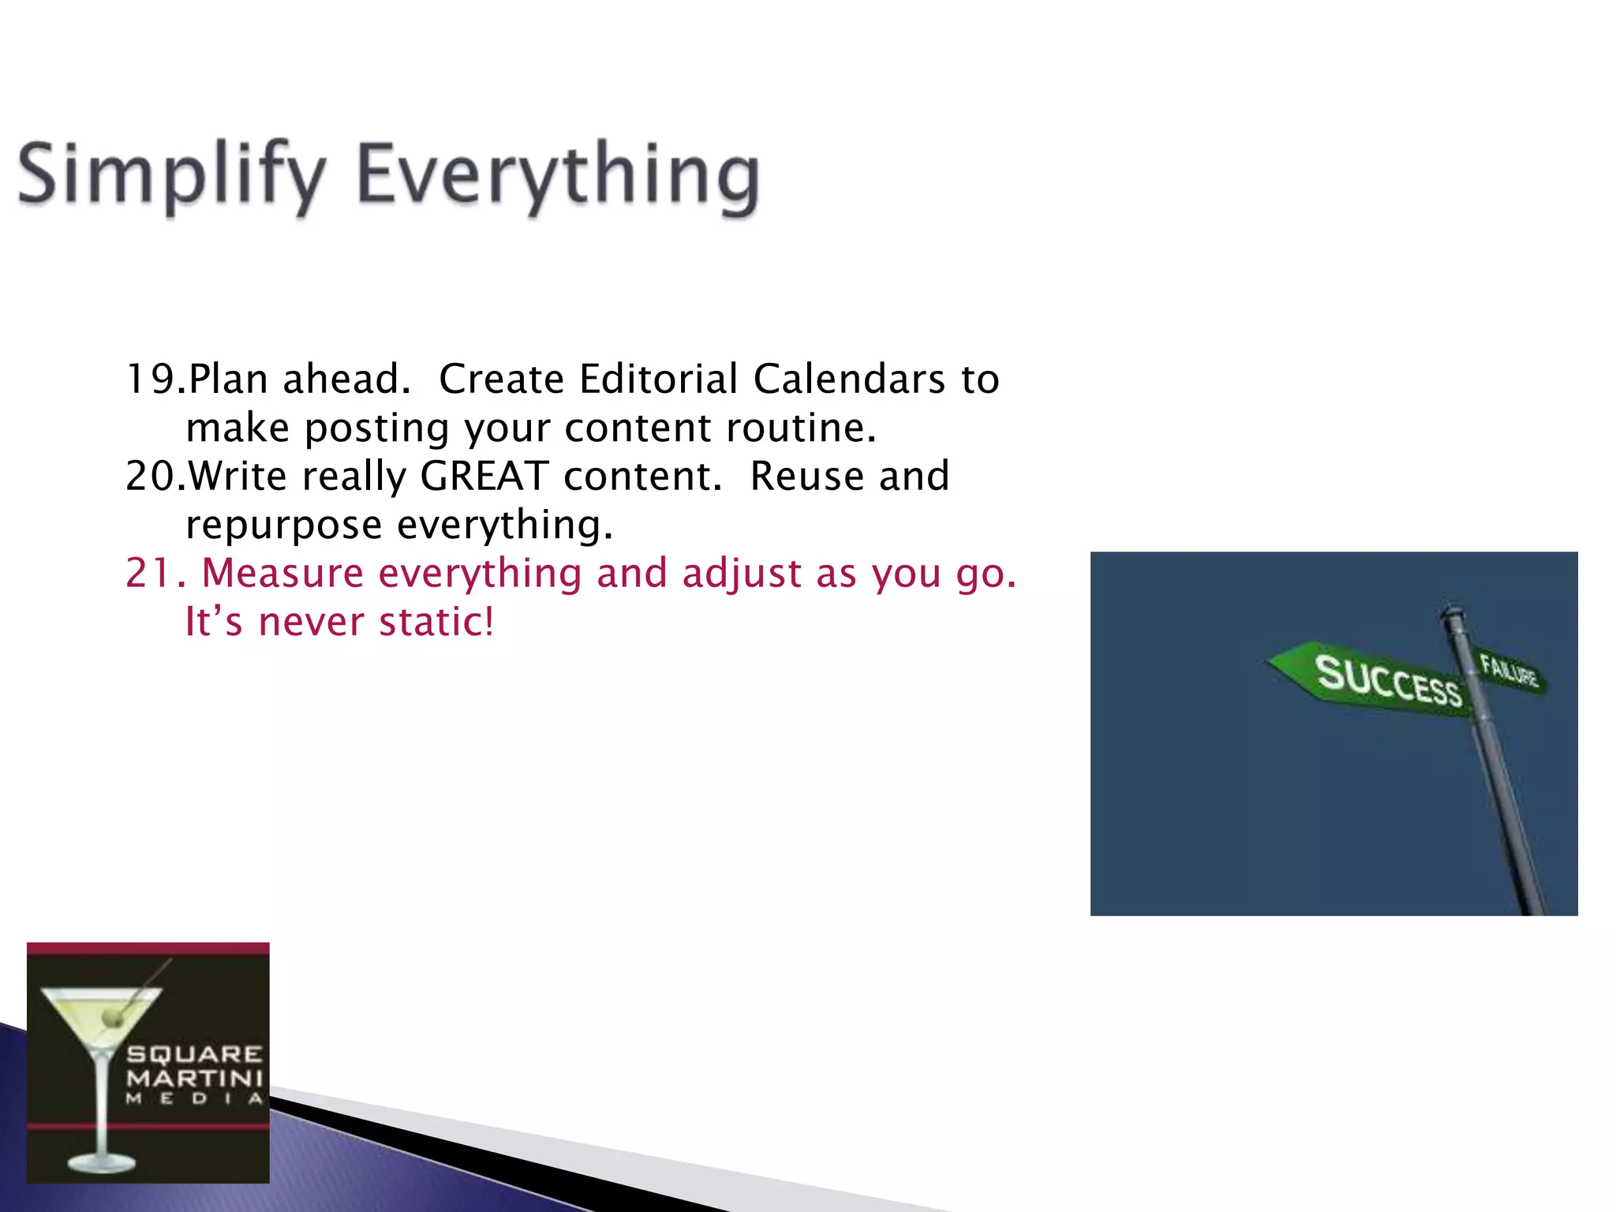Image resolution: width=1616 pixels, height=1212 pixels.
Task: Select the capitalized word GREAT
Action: (x=484, y=477)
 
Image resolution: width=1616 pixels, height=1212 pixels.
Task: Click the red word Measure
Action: (x=282, y=574)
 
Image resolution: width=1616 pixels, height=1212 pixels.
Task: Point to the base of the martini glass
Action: (x=101, y=1161)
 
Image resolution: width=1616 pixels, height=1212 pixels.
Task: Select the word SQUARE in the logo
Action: (x=194, y=1055)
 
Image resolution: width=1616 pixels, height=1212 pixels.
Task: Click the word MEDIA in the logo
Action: (x=194, y=1099)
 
